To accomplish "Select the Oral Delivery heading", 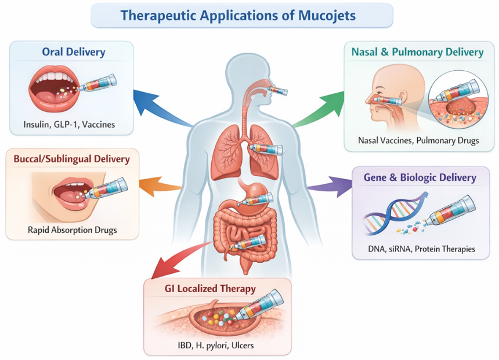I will [74, 52].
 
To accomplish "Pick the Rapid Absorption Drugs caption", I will [72, 230].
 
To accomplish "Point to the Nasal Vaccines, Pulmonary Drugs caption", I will [418, 140].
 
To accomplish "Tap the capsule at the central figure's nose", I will [279, 90].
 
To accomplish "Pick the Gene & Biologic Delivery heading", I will [420, 177].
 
